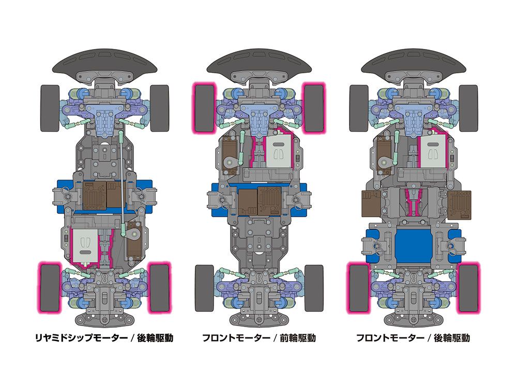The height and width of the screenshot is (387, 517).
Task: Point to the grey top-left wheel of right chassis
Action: point(358,107)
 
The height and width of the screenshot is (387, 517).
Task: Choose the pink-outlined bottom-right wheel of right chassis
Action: point(468,288)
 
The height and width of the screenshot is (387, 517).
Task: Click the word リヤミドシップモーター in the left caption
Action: point(80,338)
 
